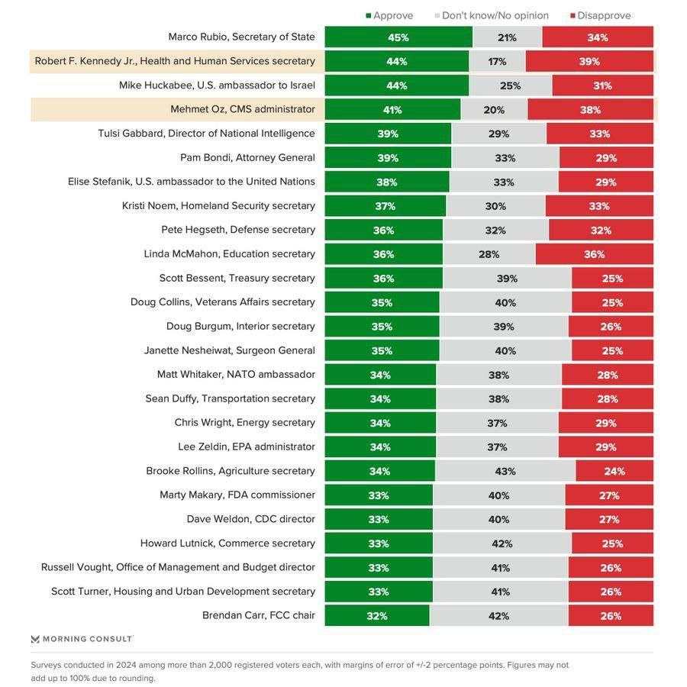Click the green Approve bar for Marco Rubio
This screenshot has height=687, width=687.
[x=398, y=37]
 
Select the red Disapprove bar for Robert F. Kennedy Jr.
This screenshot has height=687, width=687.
[x=589, y=62]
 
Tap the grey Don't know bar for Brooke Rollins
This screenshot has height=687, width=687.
[x=505, y=471]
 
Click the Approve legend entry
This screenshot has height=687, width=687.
[x=389, y=15]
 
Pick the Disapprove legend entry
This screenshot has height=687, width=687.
[x=600, y=15]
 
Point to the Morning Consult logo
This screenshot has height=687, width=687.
[x=82, y=639]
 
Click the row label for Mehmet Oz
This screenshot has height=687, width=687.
[x=243, y=109]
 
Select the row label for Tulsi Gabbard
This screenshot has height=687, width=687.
[x=206, y=134]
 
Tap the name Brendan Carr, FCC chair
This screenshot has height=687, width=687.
[x=259, y=615]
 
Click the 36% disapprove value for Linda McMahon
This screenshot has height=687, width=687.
[x=594, y=254]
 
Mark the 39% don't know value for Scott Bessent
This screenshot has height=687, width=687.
[x=507, y=279]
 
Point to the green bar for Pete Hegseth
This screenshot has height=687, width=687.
[x=383, y=231]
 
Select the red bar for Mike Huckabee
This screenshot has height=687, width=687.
[x=602, y=85]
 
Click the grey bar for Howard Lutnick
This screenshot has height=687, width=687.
[x=502, y=543]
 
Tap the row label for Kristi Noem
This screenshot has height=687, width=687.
[x=218, y=206]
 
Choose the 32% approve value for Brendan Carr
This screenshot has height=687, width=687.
[x=377, y=616]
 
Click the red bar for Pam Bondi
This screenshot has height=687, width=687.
[x=606, y=158]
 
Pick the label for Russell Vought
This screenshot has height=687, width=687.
[x=178, y=567]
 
